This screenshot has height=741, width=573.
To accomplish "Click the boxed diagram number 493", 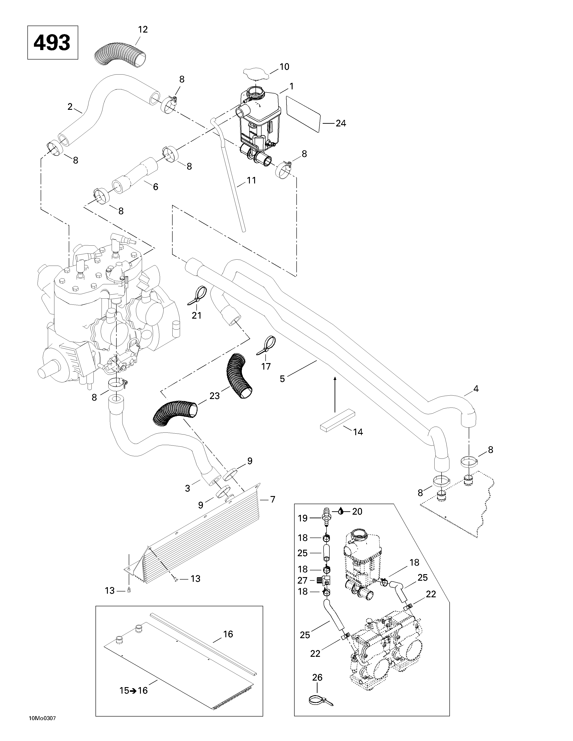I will pyautogui.click(x=52, y=43).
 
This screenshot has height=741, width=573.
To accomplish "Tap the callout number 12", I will pyautogui.click(x=143, y=29).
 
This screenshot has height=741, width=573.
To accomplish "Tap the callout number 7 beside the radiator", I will pyautogui.click(x=273, y=499).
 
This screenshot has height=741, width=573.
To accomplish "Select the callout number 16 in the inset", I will pyautogui.click(x=228, y=634).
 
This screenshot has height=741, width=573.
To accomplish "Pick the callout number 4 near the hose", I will pyautogui.click(x=476, y=389).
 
